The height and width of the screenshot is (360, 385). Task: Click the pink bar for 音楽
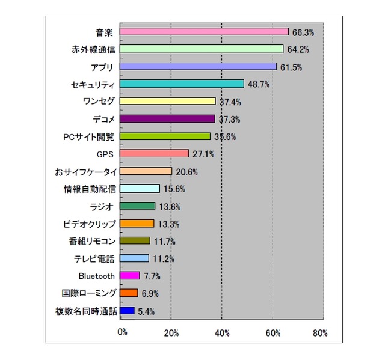[204, 31]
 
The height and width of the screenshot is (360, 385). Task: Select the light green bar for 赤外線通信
[202, 49]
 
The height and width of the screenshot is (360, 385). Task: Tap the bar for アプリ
[198, 66]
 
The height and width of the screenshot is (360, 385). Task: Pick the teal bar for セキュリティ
[182, 84]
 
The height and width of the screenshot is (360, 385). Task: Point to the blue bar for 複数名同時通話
[127, 311]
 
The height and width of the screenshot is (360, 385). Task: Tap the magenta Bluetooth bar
[129, 276]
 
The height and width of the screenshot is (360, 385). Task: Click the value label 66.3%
[302, 32]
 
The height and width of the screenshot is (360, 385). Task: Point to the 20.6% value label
[186, 171]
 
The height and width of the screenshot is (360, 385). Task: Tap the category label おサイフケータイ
[85, 171]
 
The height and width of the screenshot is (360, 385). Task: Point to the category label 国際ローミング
[88, 293]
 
